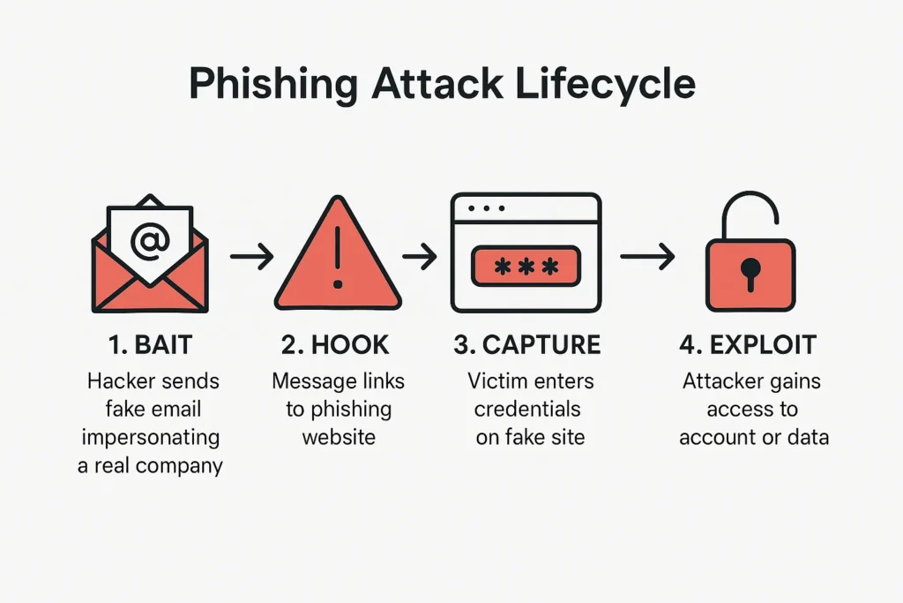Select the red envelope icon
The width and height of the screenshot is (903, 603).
(x=150, y=274)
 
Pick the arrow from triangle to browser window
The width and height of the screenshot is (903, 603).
(x=421, y=257)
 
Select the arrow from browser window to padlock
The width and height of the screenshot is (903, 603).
(x=646, y=257)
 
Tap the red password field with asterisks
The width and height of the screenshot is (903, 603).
(x=526, y=266)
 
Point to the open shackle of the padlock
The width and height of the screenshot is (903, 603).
(x=750, y=212)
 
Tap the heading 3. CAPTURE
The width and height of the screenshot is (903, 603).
(x=527, y=344)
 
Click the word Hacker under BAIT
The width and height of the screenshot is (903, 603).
(x=122, y=381)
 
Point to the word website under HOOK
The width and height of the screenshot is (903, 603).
(x=339, y=437)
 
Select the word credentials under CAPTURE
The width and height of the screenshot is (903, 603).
(x=527, y=409)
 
